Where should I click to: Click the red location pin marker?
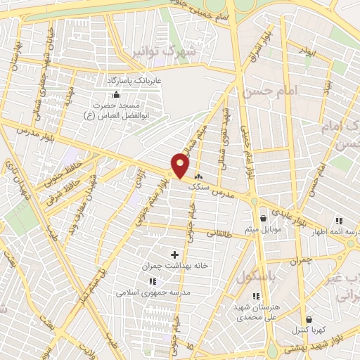click(x=181, y=165)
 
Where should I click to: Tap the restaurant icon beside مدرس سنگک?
click(x=198, y=176)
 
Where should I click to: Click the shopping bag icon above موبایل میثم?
click(x=263, y=218)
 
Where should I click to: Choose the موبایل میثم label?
click(x=263, y=229)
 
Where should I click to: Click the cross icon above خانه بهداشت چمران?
click(x=175, y=253)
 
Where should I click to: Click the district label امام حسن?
click(x=269, y=91)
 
